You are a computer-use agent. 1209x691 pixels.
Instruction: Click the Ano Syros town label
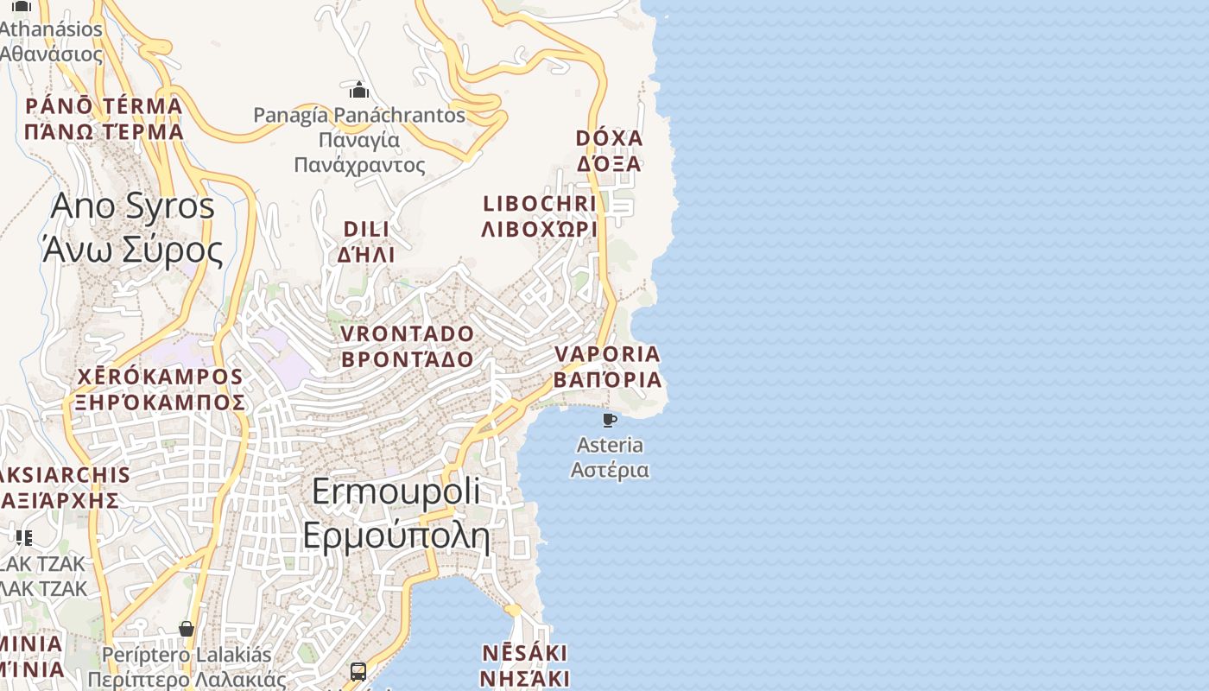[133, 228]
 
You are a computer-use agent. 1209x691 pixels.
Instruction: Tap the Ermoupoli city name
[396, 513]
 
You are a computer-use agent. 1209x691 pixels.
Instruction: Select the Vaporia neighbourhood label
[608, 367]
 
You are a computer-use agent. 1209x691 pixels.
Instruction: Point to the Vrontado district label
[408, 346]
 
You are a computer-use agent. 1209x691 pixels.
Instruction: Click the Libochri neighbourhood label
[540, 216]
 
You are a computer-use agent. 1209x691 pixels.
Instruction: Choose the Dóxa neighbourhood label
[610, 151]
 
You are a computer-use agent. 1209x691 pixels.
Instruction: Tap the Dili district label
[366, 242]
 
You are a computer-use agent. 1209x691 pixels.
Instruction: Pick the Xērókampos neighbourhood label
[161, 390]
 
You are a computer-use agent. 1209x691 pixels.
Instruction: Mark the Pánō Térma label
[104, 119]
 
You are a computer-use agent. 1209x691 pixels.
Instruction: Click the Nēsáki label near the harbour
[524, 664]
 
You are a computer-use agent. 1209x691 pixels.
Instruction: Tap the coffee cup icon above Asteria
[610, 420]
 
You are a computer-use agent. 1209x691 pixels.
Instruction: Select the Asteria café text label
[610, 458]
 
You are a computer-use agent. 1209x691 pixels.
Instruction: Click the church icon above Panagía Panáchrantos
[359, 90]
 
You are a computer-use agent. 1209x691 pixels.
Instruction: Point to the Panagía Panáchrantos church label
[359, 138]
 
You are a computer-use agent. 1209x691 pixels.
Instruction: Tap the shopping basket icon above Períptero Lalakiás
[187, 628]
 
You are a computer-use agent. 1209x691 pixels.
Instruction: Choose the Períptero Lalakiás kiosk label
[187, 667]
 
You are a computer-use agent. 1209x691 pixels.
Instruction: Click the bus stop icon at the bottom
[358, 671]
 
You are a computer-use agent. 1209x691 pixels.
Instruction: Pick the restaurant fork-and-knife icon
[23, 537]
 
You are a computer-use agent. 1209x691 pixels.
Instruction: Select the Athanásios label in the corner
[51, 41]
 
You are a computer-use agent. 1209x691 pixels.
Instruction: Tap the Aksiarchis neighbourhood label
[60, 487]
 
